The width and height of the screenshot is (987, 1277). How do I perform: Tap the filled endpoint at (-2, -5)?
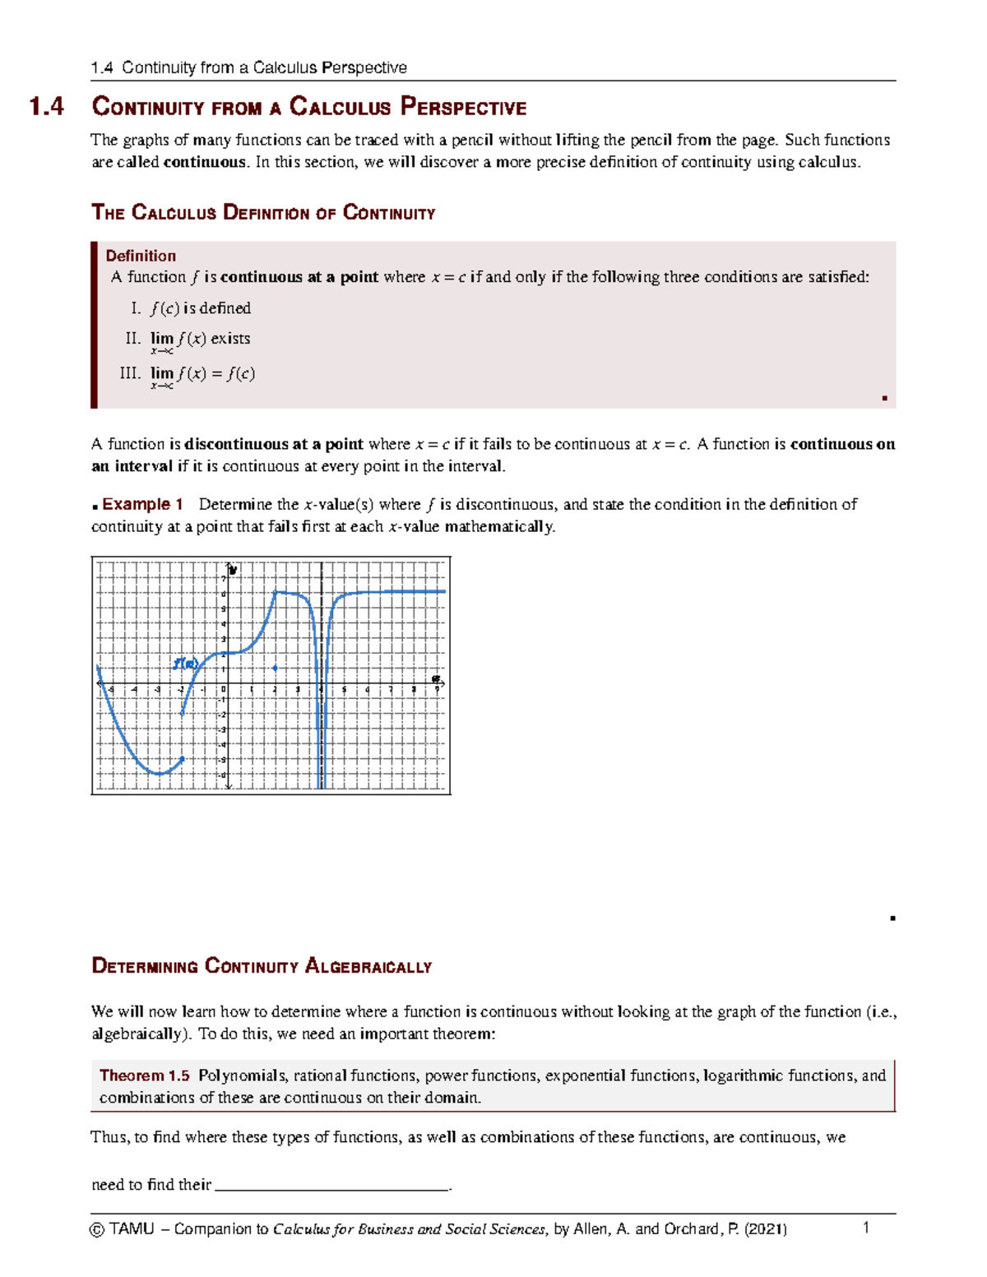coord(182,759)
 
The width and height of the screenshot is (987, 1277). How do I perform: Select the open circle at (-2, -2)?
coord(182,714)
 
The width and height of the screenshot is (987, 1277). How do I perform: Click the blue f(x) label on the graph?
coord(185,663)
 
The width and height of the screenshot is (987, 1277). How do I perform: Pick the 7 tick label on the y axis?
coord(223,579)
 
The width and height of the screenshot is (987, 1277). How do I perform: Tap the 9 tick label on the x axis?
coord(437,691)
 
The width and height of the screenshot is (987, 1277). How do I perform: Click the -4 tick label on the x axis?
coord(134,691)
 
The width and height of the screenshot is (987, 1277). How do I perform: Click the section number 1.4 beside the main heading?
coord(46,107)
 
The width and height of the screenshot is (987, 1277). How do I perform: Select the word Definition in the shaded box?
coord(141,256)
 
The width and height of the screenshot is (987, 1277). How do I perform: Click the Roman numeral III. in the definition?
coord(130,373)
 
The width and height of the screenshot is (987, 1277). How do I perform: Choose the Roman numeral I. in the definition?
coord(136,308)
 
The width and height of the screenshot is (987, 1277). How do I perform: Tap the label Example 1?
coord(141,504)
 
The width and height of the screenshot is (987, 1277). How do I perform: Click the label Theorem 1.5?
coord(145,1076)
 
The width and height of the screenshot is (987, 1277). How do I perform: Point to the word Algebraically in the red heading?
coord(368,966)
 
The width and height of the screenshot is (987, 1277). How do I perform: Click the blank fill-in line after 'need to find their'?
coord(331,1185)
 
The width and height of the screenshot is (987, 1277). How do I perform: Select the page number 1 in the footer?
coord(866,1228)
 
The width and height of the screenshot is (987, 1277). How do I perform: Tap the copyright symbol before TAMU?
coord(97,1229)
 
